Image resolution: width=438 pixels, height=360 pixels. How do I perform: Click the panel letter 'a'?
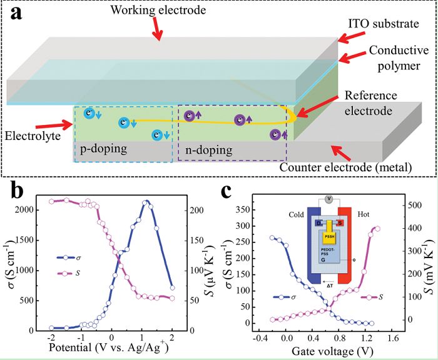[16, 13]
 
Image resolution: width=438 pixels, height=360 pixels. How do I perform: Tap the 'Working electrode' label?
[158, 10]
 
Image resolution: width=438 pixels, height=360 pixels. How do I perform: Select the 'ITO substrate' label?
[384, 24]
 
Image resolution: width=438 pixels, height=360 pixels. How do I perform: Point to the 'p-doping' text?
[104, 149]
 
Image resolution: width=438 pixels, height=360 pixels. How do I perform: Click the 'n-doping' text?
[208, 151]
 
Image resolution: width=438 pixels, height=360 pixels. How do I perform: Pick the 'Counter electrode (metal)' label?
[346, 167]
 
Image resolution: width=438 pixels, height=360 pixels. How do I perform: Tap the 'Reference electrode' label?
[371, 103]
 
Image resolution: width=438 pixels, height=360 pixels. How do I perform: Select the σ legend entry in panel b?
[68, 257]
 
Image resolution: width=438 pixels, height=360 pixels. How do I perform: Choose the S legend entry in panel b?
[68, 273]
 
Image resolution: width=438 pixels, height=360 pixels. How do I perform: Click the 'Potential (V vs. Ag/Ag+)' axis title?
[109, 347]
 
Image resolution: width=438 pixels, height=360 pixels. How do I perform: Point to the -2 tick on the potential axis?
[51, 337]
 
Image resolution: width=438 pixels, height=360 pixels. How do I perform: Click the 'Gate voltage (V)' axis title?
[332, 351]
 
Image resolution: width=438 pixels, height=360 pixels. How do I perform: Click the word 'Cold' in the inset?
[296, 214]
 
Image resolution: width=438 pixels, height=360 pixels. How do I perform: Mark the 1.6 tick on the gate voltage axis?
[394, 339]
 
